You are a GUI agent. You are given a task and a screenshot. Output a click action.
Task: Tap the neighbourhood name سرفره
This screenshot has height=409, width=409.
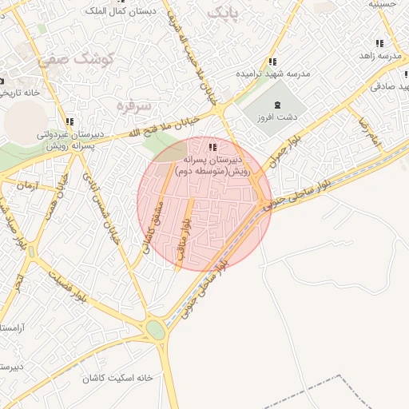pos(133,105)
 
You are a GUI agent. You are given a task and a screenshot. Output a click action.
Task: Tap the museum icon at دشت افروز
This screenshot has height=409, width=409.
pos(278,105)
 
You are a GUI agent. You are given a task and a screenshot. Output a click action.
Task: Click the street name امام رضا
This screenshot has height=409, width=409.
pos(368,131)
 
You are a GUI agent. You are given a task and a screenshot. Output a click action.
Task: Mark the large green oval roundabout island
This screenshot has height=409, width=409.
pos(155,330)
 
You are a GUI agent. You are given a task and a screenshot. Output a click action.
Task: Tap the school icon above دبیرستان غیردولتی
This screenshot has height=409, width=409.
pos(69,121)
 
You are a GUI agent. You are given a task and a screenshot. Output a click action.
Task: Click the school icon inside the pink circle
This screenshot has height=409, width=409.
pos(212,147)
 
